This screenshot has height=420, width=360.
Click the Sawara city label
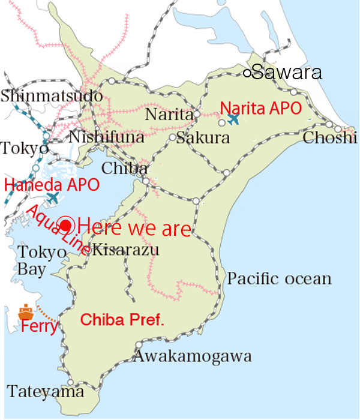pyautogui.click(x=287, y=73)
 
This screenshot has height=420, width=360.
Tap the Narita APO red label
pyautogui.click(x=261, y=108)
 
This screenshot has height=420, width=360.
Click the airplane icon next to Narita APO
pyautogui.click(x=233, y=119)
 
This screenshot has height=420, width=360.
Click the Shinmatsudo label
pyautogui.click(x=52, y=95)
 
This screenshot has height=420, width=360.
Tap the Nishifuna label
pyautogui.click(x=106, y=137)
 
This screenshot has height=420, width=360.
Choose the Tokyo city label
pyautogui.click(x=24, y=148)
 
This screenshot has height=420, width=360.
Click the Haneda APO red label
pyautogui.click(x=52, y=184)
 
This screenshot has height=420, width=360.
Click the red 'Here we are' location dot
pyautogui.click(x=66, y=226)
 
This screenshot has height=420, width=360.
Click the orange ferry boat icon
pyautogui.click(x=25, y=312)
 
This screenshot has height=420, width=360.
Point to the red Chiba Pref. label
pyautogui.click(x=122, y=320)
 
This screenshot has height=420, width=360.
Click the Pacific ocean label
pyautogui.click(x=279, y=278)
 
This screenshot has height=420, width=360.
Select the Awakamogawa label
pyautogui.click(x=192, y=356)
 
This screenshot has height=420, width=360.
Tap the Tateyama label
pyautogui.click(x=46, y=392)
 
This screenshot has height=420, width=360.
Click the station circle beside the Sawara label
pyautogui.click(x=247, y=73)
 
